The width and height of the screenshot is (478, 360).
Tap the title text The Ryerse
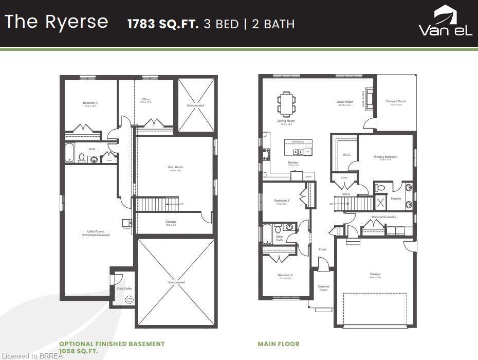(x=57, y=22)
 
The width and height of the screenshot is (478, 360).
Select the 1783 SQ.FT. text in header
(x=163, y=24)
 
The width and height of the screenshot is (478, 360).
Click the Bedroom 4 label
(x=90, y=103)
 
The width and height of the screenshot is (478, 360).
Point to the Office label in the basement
(x=145, y=100)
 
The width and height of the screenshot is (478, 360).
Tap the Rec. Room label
(x=176, y=168)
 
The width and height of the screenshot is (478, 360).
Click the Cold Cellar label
(x=124, y=289)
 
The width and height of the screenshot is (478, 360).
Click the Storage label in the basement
(x=171, y=222)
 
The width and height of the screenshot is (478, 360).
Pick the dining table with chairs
(x=286, y=103)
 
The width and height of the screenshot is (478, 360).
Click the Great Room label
(x=345, y=102)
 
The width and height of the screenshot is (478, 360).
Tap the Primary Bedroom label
(x=385, y=157)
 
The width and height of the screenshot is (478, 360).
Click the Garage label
(x=375, y=275)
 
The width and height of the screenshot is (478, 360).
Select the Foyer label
(x=323, y=249)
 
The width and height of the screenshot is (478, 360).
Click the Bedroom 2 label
(x=285, y=276)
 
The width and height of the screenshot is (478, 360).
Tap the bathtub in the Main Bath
(x=267, y=234)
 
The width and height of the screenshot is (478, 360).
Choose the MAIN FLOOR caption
(x=278, y=344)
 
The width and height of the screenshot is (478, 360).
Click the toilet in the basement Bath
(x=81, y=157)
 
